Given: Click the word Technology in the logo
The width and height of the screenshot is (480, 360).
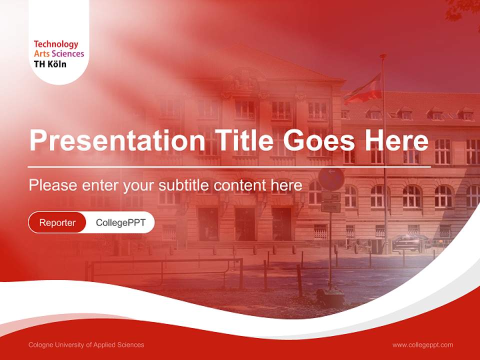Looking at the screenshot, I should point(56,44).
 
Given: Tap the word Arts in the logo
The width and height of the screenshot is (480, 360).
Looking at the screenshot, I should point(41,54).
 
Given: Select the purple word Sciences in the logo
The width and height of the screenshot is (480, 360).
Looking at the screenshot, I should point(68,54).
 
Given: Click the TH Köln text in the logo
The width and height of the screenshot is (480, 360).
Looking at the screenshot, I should point(50,64).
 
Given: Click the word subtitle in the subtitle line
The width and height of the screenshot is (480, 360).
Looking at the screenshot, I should point(184,185).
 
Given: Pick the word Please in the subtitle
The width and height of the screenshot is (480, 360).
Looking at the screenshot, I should point(51,185).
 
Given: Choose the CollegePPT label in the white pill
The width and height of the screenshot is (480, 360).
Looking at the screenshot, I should point(120,222).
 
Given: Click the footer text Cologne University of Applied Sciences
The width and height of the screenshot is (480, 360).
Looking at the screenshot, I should point(86,345).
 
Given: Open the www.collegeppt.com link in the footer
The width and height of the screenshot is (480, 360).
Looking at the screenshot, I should point(422,345).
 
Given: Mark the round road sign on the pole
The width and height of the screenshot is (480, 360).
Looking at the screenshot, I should point(331,178).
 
